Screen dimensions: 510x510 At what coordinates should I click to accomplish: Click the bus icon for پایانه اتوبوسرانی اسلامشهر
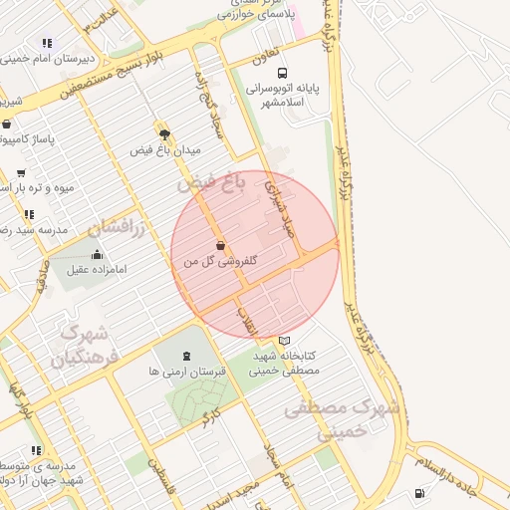pos(284,73)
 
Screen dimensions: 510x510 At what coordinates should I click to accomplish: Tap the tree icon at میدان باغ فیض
pos(163,131)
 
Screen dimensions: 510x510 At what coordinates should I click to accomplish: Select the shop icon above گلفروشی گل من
pos(219,245)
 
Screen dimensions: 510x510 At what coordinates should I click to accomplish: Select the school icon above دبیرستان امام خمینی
pos(46,43)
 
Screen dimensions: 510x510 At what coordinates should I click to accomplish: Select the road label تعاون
pos(262,60)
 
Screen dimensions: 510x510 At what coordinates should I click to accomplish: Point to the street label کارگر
pos(208,419)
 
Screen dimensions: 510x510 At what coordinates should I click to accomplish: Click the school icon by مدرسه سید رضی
pos(29,214)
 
